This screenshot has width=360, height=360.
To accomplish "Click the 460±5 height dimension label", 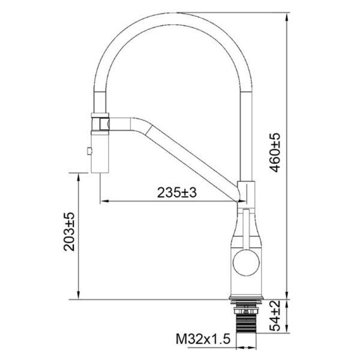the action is pyautogui.click(x=275, y=152).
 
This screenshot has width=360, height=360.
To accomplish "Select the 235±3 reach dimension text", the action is pyautogui.click(x=177, y=193).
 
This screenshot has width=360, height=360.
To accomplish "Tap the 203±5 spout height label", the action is pyautogui.click(x=69, y=232).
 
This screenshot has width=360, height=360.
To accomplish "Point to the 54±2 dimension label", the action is pyautogui.click(x=275, y=316).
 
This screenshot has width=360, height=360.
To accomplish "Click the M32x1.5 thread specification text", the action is pyautogui.click(x=203, y=339).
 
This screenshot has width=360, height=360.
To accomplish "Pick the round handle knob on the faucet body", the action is pyautogui.click(x=246, y=262).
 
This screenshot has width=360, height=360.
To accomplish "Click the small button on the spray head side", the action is pyautogui.click(x=89, y=151).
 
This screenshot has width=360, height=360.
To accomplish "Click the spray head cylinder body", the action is pyautogui.click(x=100, y=154).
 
